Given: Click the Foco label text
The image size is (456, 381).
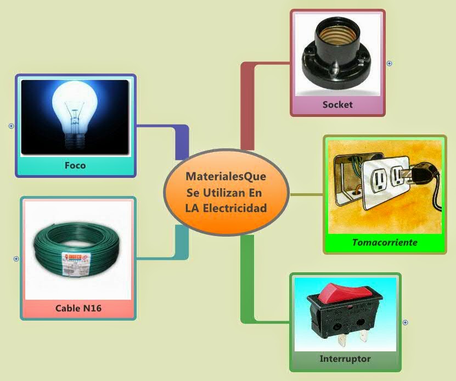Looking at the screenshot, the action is tap(75, 165).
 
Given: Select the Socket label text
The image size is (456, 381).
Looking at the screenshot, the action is tap(337, 104).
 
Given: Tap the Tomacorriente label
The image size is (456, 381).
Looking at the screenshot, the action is tap(385, 242).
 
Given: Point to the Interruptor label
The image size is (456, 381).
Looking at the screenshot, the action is tap(345, 359).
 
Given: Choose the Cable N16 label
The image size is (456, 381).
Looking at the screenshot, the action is tap(78, 308).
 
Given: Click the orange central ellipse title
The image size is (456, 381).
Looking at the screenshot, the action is tap(226, 193).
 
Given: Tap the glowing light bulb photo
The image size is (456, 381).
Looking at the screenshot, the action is tap(75, 115).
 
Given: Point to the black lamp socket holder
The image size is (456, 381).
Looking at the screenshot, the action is tap(336, 58).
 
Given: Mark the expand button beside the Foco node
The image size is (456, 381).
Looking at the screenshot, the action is tap(11, 126).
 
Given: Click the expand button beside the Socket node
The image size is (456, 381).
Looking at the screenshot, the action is tap(390, 63).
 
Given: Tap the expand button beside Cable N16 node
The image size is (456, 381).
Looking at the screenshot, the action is tap(16, 259).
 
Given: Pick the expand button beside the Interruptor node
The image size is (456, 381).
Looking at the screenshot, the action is tap(406, 322).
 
